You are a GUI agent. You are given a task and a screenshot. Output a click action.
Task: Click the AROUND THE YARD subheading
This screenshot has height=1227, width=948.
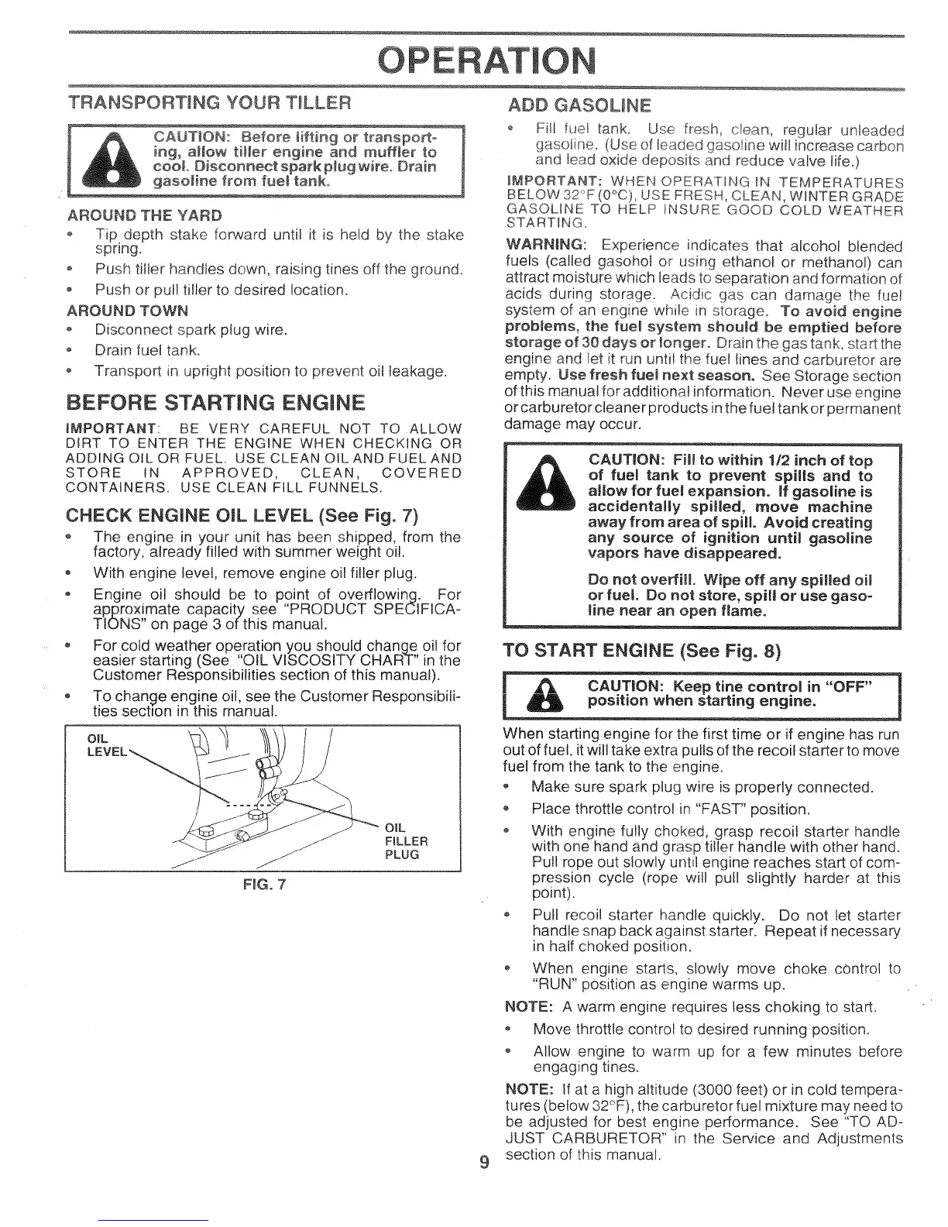pyautogui.click(x=145, y=215)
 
